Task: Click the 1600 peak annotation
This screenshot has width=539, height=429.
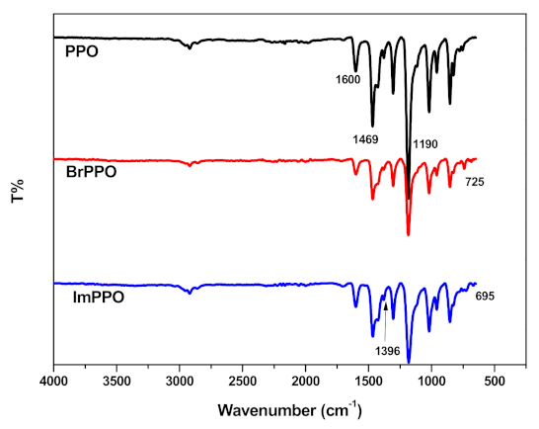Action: tap(346, 79)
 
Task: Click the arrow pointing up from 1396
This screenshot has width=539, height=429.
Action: tap(385, 321)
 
